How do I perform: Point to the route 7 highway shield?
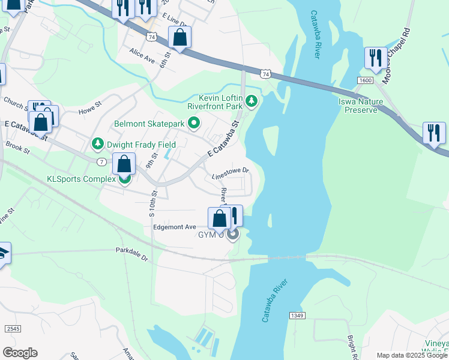[x=102, y=162]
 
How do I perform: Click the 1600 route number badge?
[x=364, y=80]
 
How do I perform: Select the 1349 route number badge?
[x=296, y=316]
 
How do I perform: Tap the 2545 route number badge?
[x=13, y=329]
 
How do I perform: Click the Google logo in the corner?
[x=20, y=353]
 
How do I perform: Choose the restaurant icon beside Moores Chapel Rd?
[x=375, y=59]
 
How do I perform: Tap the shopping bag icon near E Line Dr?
[x=179, y=38]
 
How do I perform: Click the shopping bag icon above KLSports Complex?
[x=124, y=164]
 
